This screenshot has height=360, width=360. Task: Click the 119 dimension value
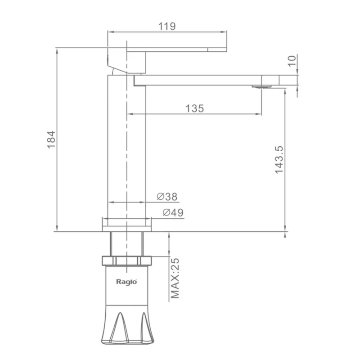167,26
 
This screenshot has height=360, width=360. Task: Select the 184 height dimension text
51,140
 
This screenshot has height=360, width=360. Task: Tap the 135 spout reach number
194,108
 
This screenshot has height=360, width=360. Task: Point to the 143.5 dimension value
279,160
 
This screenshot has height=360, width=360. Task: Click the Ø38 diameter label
167,197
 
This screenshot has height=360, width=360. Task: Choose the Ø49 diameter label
173,212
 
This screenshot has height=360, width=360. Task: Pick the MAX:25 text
175,278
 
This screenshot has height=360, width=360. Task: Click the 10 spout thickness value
292,61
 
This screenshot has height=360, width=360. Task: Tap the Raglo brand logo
126,282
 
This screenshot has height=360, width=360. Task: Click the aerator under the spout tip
261,86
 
